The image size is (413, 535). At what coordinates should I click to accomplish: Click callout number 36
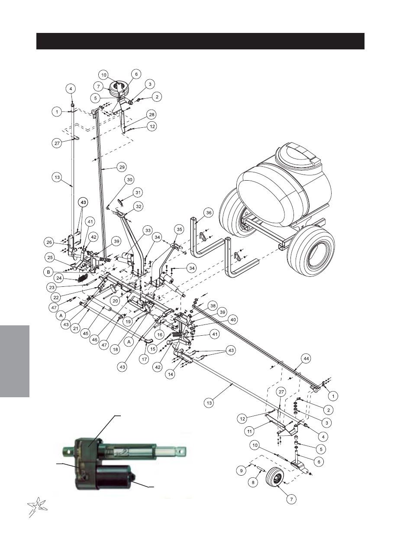point(209,213)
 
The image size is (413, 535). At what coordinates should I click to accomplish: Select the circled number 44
point(306,359)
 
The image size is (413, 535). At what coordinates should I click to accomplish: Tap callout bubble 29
point(122,167)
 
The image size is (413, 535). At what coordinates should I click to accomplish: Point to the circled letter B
point(48,272)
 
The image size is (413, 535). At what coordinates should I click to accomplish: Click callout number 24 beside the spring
point(59,278)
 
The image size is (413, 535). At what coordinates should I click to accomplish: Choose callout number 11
point(250,431)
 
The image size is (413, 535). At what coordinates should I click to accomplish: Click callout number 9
point(241,471)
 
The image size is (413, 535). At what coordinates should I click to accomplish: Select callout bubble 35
point(180,230)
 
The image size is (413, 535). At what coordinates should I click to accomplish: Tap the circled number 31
point(138,192)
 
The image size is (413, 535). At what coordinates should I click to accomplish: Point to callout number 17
point(145,359)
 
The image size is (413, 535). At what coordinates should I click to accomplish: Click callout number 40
point(233,320)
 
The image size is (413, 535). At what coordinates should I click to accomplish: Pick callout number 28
point(152,114)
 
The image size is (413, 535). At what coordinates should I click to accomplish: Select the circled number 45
point(85,334)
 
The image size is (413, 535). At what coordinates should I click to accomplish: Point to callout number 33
point(148,230)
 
